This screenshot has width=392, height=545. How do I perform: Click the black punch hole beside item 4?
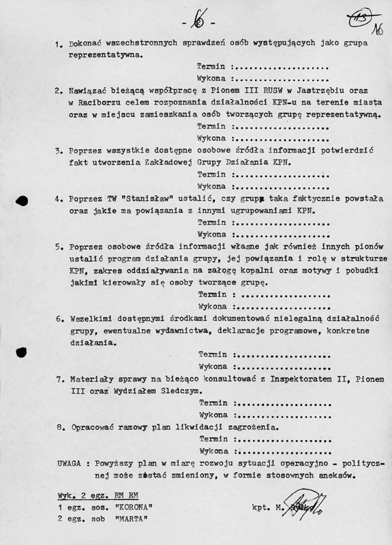pyautogui.click(x=21, y=200)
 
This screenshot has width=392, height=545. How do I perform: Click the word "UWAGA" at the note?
pyautogui.click(x=73, y=463)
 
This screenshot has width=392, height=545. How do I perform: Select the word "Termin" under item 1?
pyautogui.click(x=211, y=67)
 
